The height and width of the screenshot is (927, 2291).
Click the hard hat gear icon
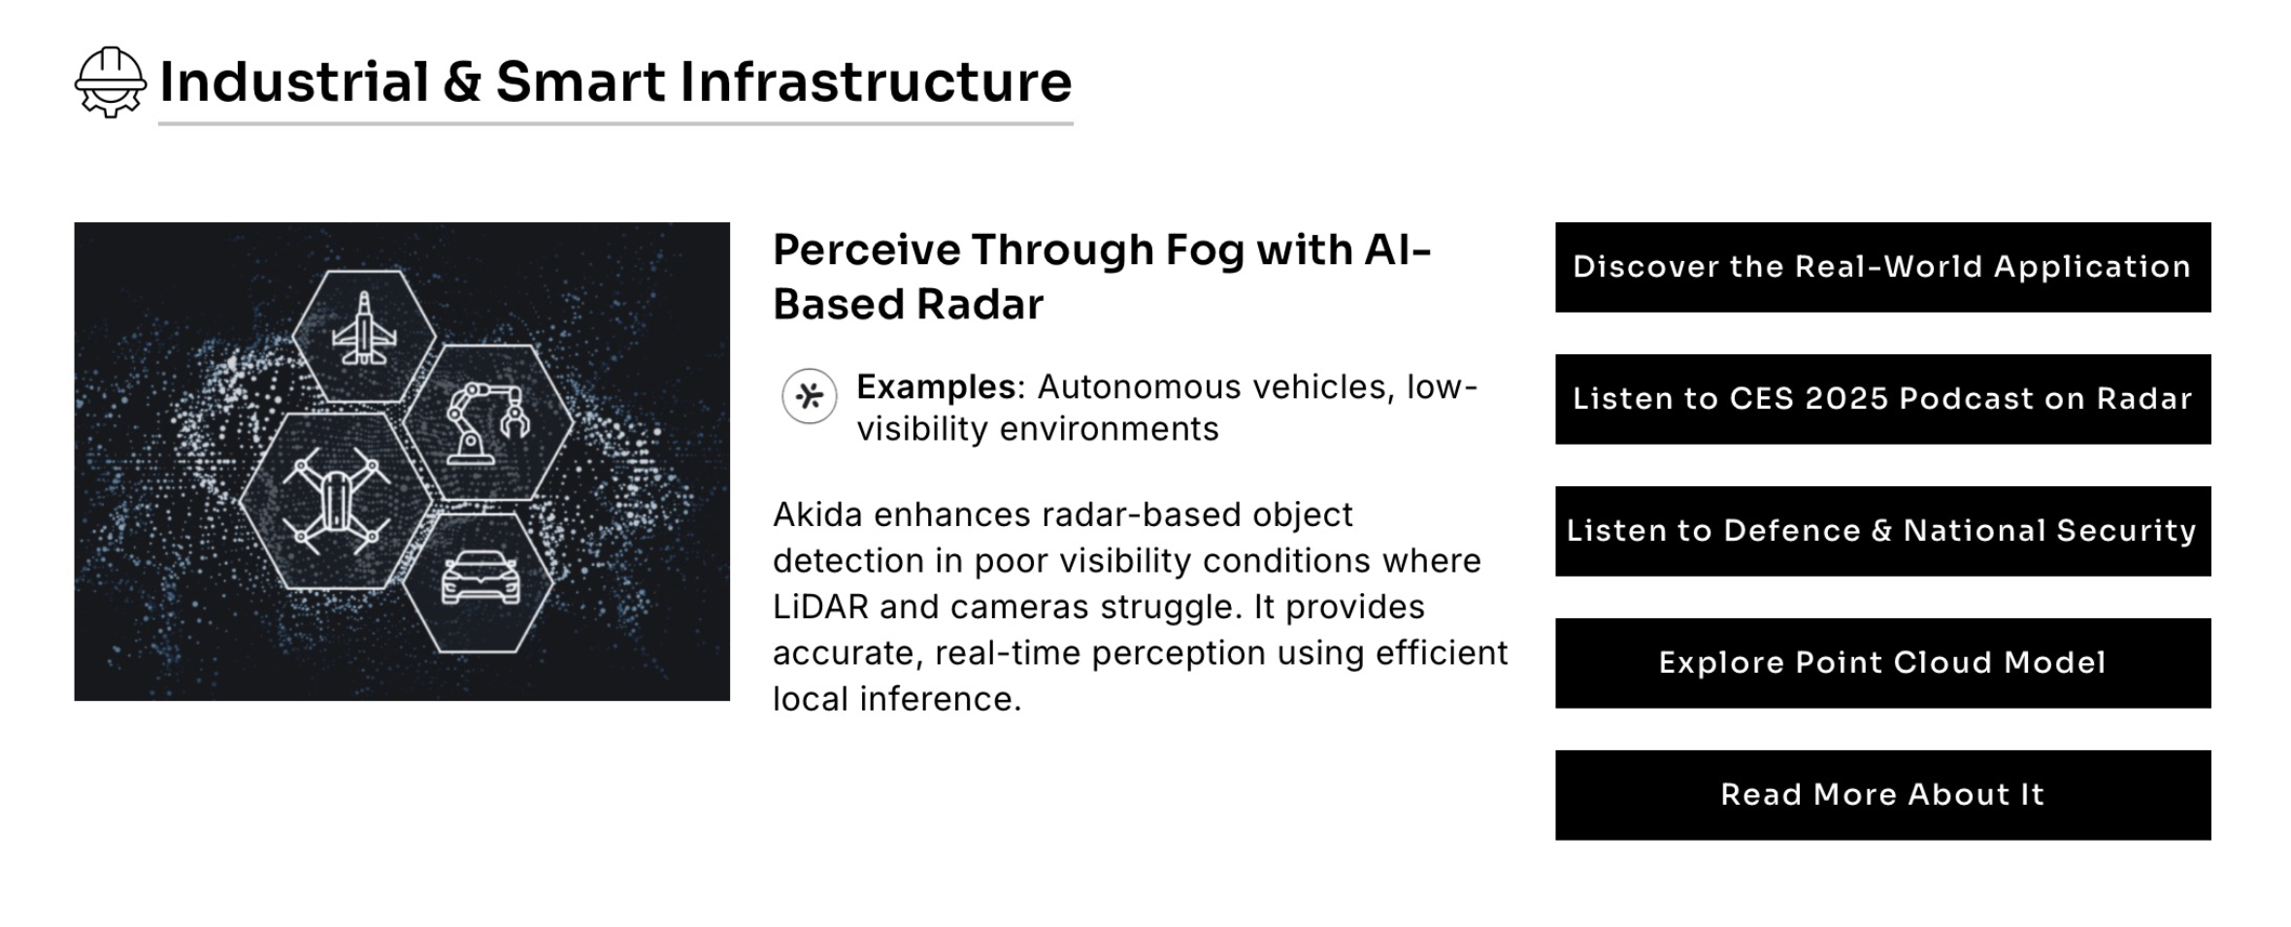tap(111, 83)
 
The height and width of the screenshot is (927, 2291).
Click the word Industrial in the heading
tap(294, 82)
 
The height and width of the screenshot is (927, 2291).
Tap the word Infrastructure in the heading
tap(876, 82)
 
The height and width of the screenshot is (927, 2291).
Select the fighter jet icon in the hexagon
tap(364, 329)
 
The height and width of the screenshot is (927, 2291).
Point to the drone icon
tap(336, 501)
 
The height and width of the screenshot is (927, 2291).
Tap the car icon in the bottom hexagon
tap(481, 579)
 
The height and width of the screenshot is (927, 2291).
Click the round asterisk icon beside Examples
tap(810, 396)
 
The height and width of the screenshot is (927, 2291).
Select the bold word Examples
tap(936, 387)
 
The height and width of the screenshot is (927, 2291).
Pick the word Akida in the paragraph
tap(817, 514)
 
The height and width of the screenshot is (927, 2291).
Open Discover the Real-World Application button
tap(1882, 267)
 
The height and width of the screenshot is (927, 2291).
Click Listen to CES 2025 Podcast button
tap(1882, 399)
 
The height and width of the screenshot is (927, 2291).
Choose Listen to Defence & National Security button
tap(1882, 531)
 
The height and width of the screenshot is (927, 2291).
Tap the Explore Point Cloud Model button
tap(1882, 663)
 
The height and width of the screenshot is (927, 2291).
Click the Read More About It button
tap(1882, 795)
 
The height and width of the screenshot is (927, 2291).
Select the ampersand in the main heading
tap(462, 82)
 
